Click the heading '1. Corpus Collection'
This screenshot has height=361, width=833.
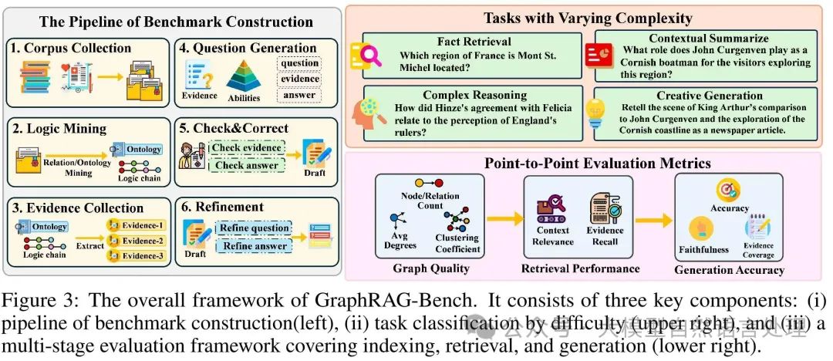point(72,47)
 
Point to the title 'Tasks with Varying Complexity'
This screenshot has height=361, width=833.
point(588,18)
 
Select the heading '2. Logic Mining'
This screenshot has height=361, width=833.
point(58,127)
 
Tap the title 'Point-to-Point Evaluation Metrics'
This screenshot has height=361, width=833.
point(588,163)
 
